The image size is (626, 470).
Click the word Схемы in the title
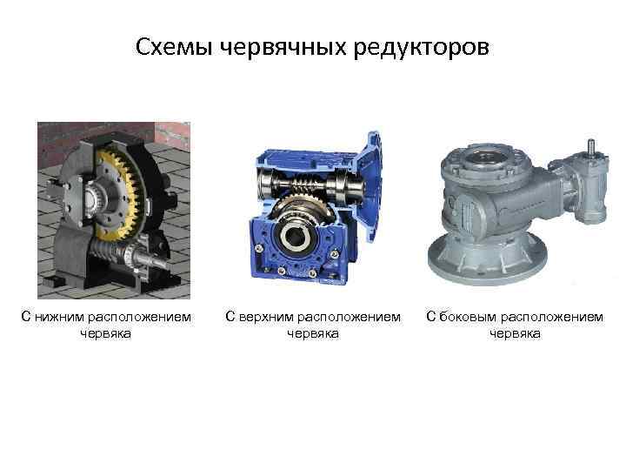174,47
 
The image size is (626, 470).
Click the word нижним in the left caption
59,317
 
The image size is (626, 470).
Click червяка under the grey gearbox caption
515,333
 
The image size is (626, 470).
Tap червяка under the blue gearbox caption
313,333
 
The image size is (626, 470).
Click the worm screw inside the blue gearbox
306,185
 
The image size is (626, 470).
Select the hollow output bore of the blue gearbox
295,237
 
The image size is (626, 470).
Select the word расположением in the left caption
139,318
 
